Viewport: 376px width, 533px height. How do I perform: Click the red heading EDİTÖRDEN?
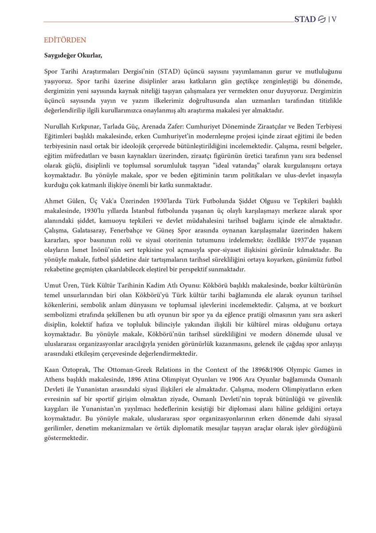[65, 40]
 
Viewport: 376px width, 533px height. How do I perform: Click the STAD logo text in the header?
[306, 19]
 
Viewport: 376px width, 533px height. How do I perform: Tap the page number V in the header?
[334, 19]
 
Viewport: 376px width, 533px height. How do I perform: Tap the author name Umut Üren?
[59, 284]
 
